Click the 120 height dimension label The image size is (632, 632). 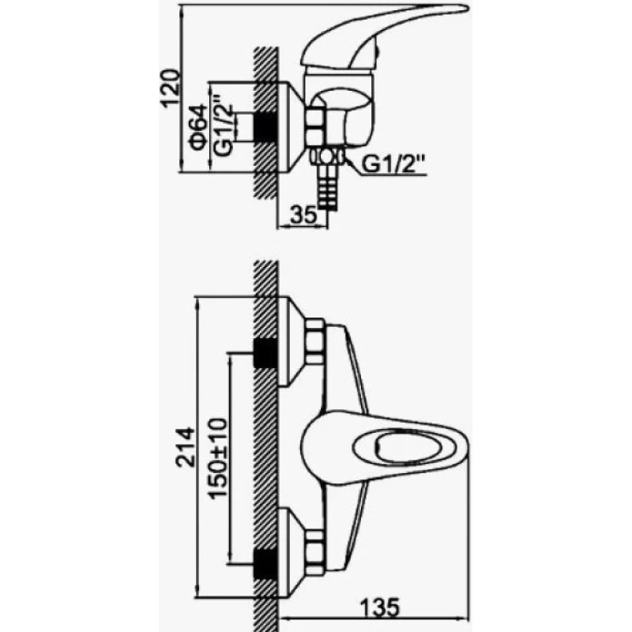click(x=170, y=88)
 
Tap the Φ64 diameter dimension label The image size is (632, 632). click(x=198, y=127)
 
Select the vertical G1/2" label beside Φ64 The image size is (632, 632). click(x=223, y=125)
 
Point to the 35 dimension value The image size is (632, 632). click(x=303, y=215)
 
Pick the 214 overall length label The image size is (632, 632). click(x=185, y=446)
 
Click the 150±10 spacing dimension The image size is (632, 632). click(x=218, y=458)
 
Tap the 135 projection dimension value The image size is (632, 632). click(x=380, y=607)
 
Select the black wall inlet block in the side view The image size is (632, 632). click(x=265, y=128)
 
